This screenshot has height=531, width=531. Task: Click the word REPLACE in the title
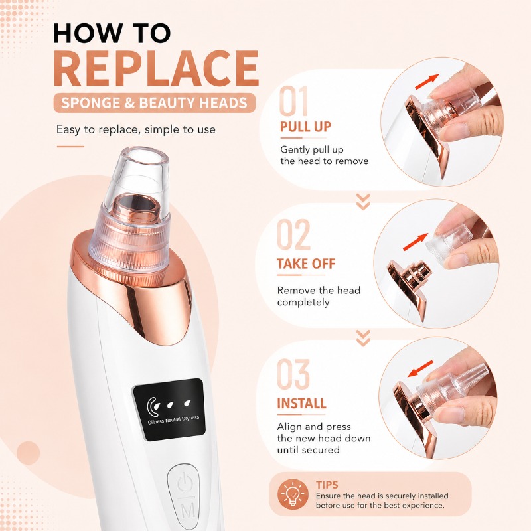click(156, 69)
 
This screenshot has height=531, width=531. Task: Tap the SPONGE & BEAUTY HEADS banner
click(155, 103)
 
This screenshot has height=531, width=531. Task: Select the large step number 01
click(294, 101)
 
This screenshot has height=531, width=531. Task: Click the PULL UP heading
click(305, 127)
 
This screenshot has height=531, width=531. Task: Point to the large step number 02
click(293, 234)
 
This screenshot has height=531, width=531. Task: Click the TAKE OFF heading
click(306, 264)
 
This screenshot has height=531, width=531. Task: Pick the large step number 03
click(293, 374)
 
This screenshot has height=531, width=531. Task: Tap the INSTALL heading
click(302, 404)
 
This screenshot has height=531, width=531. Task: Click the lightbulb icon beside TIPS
click(293, 494)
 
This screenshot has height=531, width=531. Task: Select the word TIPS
click(327, 485)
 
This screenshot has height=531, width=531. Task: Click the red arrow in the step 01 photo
click(427, 82)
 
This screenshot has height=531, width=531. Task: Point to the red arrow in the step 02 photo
click(416, 242)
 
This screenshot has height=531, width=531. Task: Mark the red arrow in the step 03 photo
click(420, 369)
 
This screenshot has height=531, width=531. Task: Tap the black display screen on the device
click(169, 410)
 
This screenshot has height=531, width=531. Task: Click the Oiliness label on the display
click(156, 421)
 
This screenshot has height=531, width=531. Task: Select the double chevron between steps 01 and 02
click(363, 202)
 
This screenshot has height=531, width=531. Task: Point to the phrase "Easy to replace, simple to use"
click(136, 129)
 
